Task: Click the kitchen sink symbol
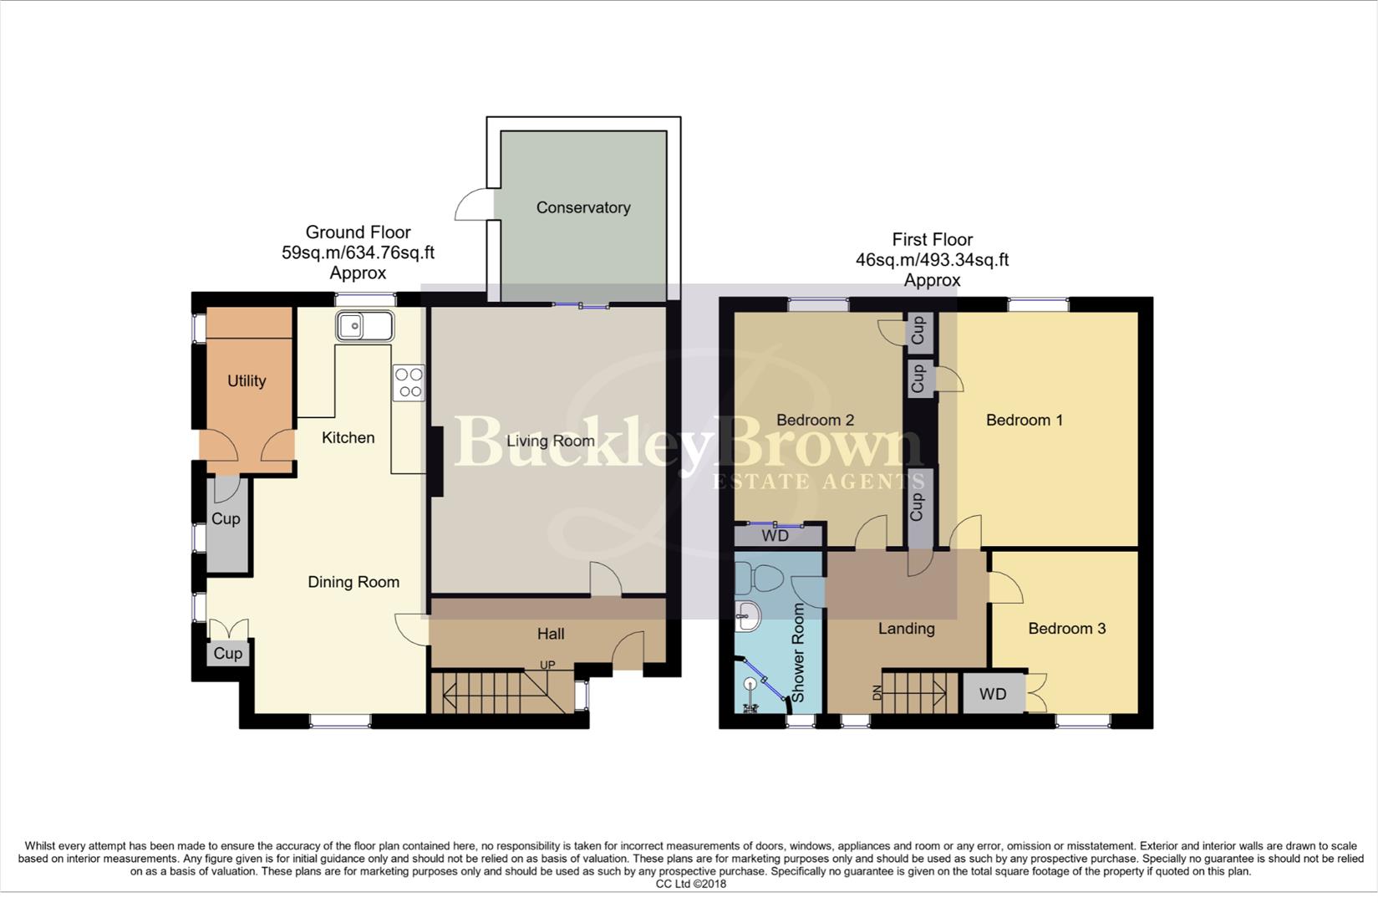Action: tap(365, 326)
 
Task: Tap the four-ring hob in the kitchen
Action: tap(409, 383)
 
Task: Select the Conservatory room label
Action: tap(583, 207)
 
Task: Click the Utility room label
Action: tap(247, 380)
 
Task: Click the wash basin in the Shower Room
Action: tap(748, 619)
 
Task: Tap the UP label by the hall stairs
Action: tap(547, 666)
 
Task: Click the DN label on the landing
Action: tap(877, 692)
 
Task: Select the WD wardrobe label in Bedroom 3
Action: tap(993, 694)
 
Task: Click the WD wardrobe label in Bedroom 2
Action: tap(775, 536)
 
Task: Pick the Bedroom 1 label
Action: tap(1025, 420)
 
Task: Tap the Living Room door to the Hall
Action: tap(605, 579)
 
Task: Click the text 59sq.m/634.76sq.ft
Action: tap(358, 253)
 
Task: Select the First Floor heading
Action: tap(932, 240)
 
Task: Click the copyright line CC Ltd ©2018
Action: tap(691, 884)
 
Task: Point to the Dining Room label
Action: tap(353, 582)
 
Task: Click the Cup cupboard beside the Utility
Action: tap(226, 518)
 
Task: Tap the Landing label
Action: tap(906, 628)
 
